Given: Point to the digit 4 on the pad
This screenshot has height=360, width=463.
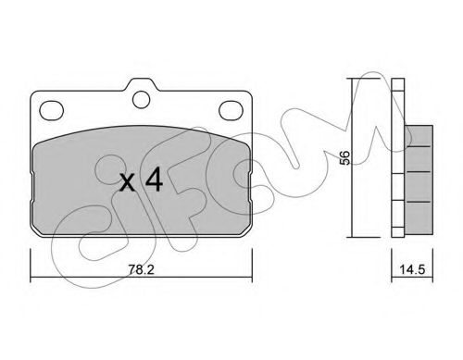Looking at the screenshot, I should (x=154, y=180).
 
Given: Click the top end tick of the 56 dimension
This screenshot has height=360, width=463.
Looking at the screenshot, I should (x=355, y=80).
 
